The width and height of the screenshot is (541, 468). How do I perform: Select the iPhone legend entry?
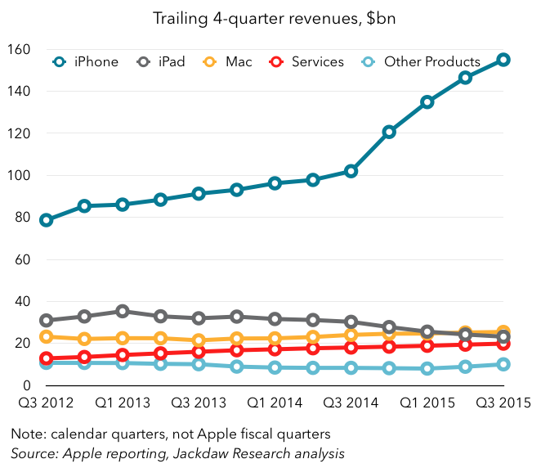point(87,62)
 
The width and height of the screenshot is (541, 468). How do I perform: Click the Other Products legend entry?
point(422,62)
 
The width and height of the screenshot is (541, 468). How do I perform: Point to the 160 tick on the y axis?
point(19,50)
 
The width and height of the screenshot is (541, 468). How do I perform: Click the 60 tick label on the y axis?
point(22,259)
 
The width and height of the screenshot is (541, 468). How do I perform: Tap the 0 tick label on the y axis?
point(26,385)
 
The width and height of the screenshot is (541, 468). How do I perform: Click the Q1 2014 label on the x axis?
point(274,403)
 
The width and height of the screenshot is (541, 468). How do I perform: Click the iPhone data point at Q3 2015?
point(503,60)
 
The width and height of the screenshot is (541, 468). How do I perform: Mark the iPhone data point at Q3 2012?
point(46,220)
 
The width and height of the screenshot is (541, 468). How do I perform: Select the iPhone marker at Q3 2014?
point(351,171)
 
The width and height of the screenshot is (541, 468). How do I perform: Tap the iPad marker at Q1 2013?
point(123,311)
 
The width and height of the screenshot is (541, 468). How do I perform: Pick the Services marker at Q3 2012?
point(46,358)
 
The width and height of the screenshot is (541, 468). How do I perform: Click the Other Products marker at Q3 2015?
point(503,364)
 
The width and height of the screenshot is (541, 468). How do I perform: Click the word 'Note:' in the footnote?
point(29,433)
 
